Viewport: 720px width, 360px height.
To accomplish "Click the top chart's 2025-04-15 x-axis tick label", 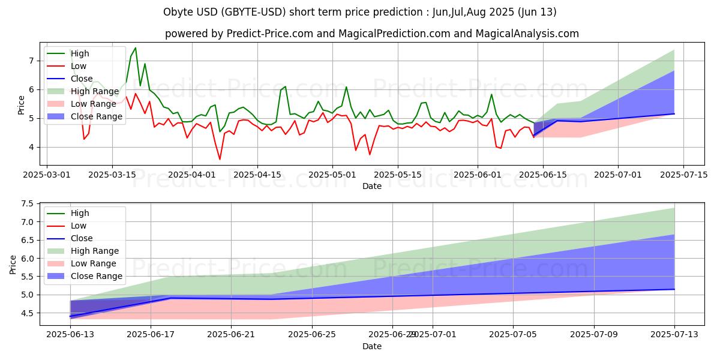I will point(257,175).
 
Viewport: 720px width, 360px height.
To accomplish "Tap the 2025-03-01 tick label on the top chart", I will point(47,175).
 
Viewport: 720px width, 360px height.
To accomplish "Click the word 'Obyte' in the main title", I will point(178,12).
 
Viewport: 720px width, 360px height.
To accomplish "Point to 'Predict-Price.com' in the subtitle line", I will point(277,34).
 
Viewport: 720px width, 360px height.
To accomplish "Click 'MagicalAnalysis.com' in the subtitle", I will point(527,34).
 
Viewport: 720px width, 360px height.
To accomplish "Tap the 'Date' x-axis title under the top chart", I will point(372,187).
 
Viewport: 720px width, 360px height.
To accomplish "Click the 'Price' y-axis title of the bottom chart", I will point(13,263).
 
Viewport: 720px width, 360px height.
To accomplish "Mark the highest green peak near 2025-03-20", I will point(135,47).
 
